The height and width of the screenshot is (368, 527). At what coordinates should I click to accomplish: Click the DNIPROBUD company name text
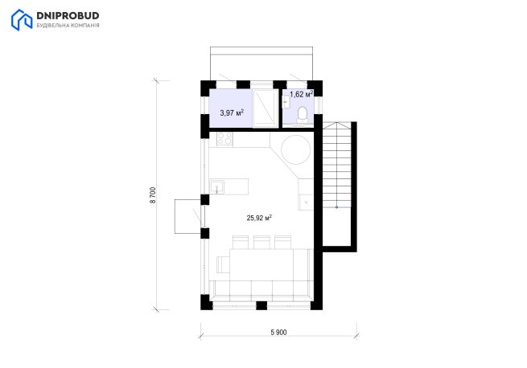[x=68, y=16]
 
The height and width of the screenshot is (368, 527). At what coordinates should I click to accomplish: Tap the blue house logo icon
[x=22, y=20]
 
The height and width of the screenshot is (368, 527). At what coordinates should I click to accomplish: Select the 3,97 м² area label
[x=232, y=112]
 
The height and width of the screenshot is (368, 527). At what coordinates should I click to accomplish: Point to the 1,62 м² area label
[x=302, y=94]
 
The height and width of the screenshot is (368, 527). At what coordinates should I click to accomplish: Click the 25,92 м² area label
[x=259, y=218]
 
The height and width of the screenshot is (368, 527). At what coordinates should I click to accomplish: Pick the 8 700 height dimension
[x=153, y=195]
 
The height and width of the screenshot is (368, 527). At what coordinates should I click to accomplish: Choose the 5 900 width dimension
[x=278, y=333]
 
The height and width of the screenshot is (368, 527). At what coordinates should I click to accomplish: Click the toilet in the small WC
[x=303, y=115]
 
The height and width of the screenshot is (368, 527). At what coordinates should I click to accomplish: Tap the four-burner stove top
[x=224, y=138]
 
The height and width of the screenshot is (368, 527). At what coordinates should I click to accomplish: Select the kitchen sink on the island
[x=217, y=186]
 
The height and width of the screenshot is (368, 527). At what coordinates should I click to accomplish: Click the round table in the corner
[x=296, y=149]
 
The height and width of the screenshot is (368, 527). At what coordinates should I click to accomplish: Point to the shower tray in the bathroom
[x=266, y=108]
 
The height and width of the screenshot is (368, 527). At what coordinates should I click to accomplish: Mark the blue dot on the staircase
[x=337, y=207]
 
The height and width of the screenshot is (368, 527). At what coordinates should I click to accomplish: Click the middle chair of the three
[x=261, y=242]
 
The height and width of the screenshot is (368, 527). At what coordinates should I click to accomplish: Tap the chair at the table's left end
[x=223, y=264]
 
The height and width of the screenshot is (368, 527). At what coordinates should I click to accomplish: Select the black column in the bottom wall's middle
[x=261, y=305]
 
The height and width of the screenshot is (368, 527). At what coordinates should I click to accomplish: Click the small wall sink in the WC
[x=286, y=102]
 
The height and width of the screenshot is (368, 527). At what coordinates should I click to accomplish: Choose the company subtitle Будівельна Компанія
[x=68, y=26]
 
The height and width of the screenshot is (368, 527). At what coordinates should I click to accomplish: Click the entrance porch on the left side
[x=187, y=216]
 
